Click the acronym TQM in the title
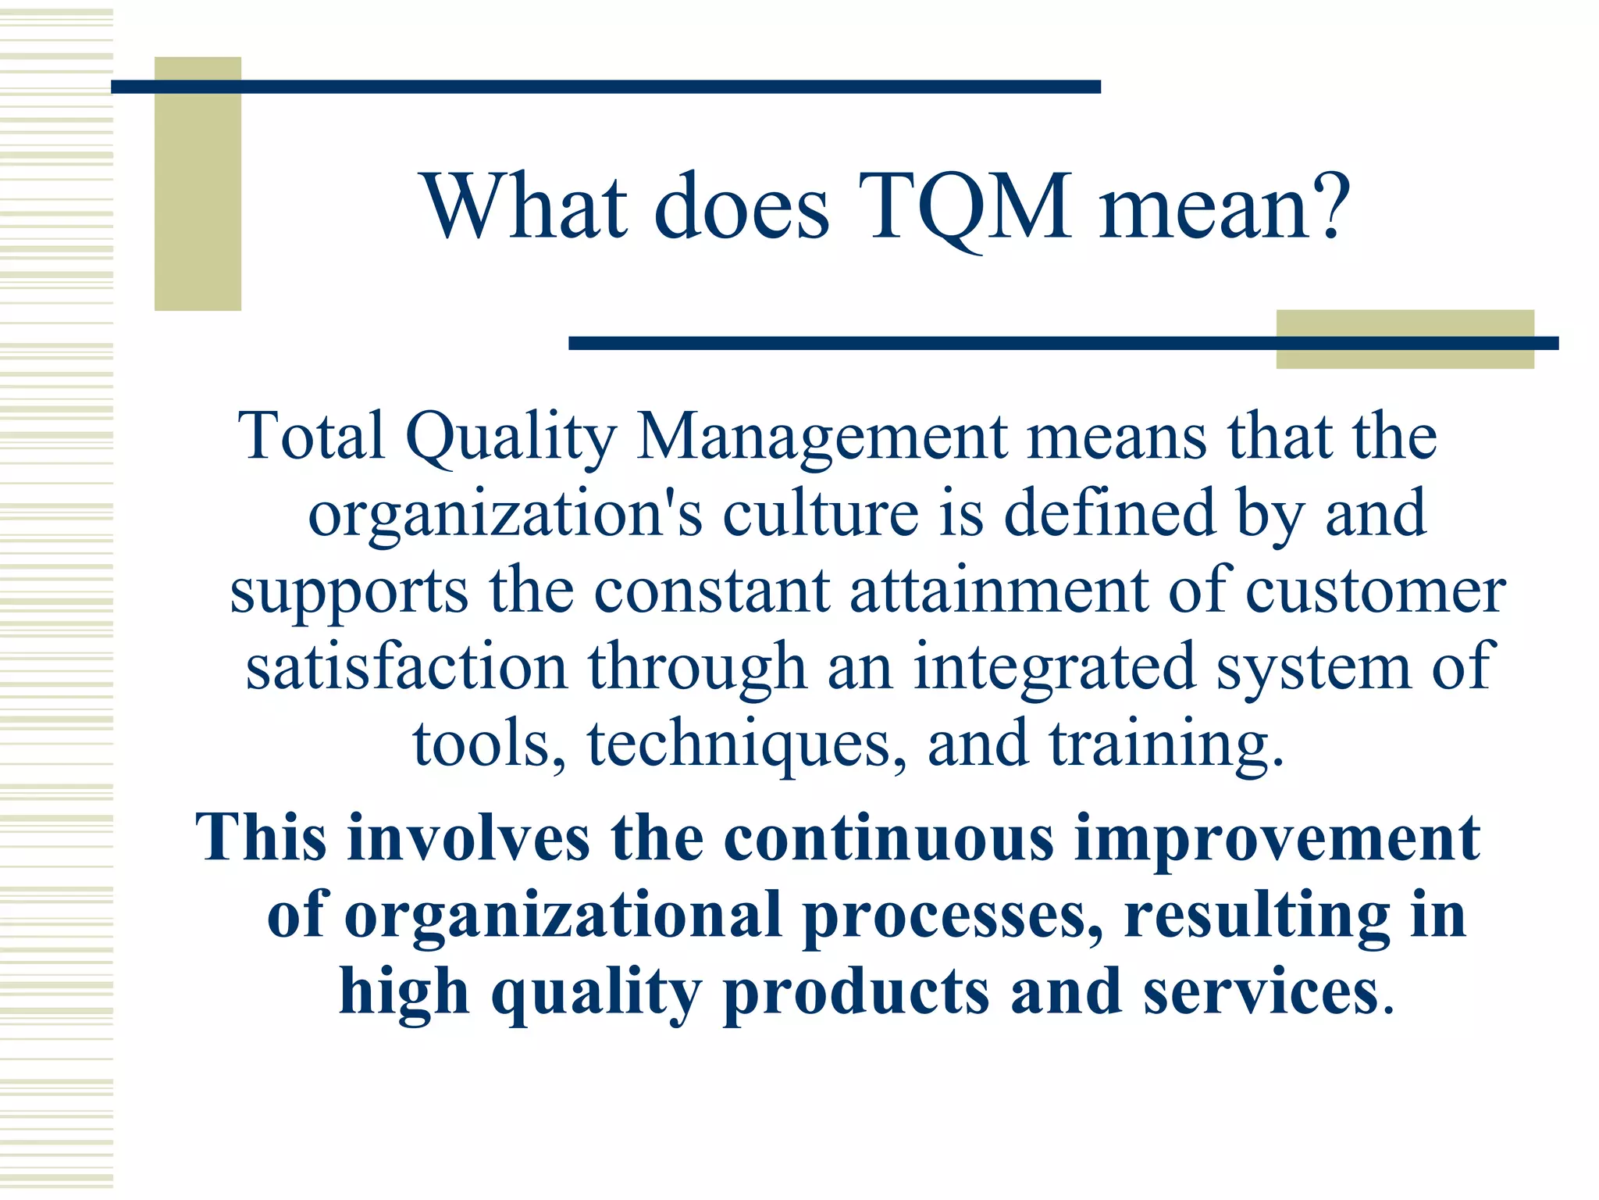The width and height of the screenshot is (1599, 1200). click(966, 208)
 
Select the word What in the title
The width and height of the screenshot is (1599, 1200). click(525, 206)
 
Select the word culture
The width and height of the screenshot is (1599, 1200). click(821, 513)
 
